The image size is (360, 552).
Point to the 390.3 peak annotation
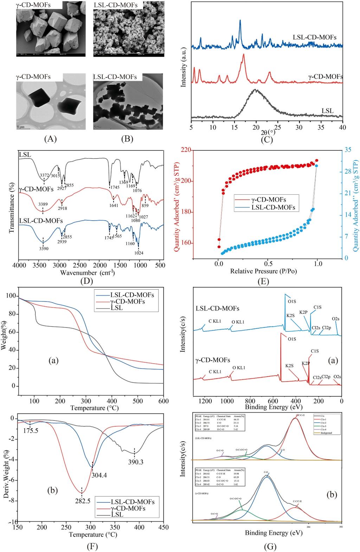136,462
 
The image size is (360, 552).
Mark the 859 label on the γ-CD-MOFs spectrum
145,205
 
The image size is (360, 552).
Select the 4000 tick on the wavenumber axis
19,265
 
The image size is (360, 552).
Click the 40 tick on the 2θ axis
342,127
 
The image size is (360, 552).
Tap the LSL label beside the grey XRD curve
327,111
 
